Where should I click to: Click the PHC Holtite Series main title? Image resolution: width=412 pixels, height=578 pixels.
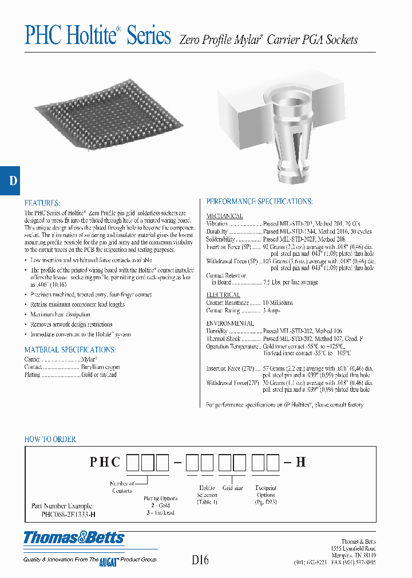tap(98, 36)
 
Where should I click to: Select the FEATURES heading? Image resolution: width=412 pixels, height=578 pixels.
tap(42, 203)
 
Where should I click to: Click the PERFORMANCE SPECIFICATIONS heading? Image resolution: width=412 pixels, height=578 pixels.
tap(259, 202)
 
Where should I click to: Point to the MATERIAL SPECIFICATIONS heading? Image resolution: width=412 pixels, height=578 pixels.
tap(70, 350)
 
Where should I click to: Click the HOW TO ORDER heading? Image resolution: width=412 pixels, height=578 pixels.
tap(50, 439)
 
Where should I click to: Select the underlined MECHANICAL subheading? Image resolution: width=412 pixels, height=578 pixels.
tap(224, 216)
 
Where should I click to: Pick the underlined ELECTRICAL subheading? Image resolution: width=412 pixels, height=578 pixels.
tap(223, 295)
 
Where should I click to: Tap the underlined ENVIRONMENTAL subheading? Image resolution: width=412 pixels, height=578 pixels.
tap(230, 323)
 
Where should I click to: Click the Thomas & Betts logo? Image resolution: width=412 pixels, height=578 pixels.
tap(74, 537)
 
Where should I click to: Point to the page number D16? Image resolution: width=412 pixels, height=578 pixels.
tap(200, 560)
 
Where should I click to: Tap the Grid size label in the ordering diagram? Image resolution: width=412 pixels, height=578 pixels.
tap(232, 488)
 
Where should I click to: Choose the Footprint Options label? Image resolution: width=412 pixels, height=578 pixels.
tap(266, 492)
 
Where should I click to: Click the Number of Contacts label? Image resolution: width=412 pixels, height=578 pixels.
tap(122, 487)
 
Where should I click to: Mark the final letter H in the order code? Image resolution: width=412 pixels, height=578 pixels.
tap(299, 462)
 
